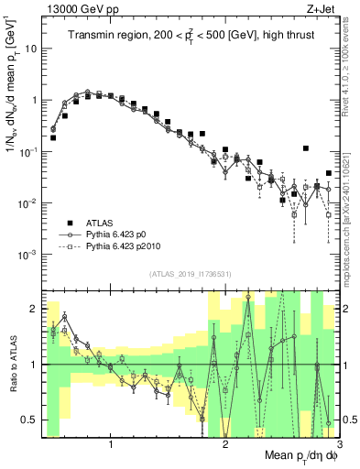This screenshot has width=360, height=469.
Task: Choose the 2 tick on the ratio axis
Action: [x=35, y=310]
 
